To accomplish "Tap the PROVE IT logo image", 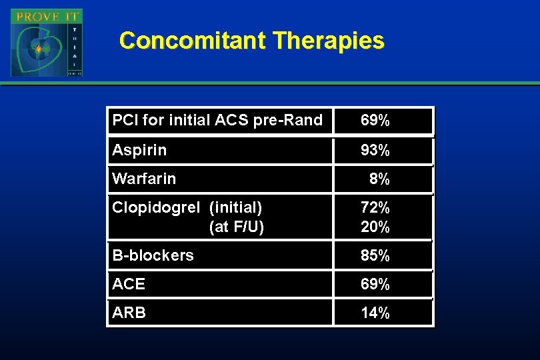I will [x=46, y=43].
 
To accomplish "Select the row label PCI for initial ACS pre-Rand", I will [x=217, y=121].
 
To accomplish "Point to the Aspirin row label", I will [x=139, y=151].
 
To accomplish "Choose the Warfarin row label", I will [x=144, y=179].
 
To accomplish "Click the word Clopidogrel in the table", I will [x=155, y=207].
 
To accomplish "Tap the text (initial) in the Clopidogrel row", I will [x=235, y=207].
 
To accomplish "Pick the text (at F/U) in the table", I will [x=237, y=227].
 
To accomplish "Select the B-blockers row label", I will [x=153, y=255].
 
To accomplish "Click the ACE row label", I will [x=129, y=284].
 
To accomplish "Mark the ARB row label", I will [x=129, y=313].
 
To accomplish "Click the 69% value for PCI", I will [x=375, y=121].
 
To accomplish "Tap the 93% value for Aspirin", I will [x=375, y=151].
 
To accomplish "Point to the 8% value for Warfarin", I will [x=379, y=179].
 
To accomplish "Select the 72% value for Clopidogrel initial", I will [x=375, y=207].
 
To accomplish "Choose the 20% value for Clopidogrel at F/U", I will [x=375, y=227].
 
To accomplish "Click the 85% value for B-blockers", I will [x=375, y=255].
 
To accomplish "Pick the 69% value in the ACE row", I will [x=375, y=284].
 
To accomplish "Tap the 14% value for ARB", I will [x=375, y=313].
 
